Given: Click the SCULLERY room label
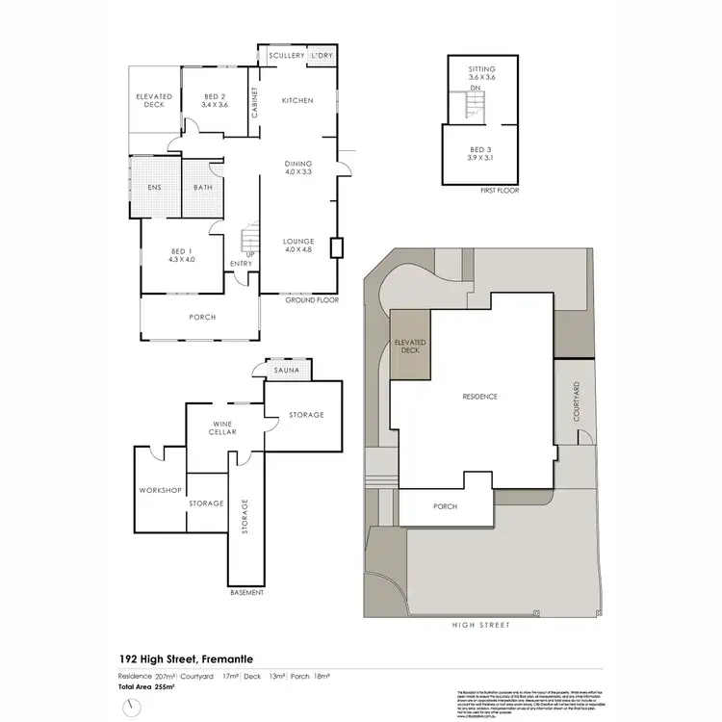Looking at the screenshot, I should [x=287, y=56].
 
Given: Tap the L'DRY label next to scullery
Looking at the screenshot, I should [x=322, y=56].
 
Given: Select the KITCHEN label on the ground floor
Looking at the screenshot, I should [x=297, y=100].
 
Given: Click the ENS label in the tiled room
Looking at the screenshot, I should [x=154, y=188].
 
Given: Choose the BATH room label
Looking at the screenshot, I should [x=203, y=188].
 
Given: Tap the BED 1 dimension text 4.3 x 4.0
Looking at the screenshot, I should [x=182, y=259].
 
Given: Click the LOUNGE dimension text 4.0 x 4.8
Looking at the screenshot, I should [x=299, y=249].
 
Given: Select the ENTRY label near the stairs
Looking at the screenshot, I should [x=242, y=263].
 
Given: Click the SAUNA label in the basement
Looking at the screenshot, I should [x=286, y=370].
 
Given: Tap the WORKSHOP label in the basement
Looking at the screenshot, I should [x=160, y=491].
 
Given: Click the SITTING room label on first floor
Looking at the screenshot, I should [x=481, y=70].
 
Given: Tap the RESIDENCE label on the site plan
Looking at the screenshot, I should [x=478, y=397].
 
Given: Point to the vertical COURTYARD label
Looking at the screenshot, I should [x=577, y=402].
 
